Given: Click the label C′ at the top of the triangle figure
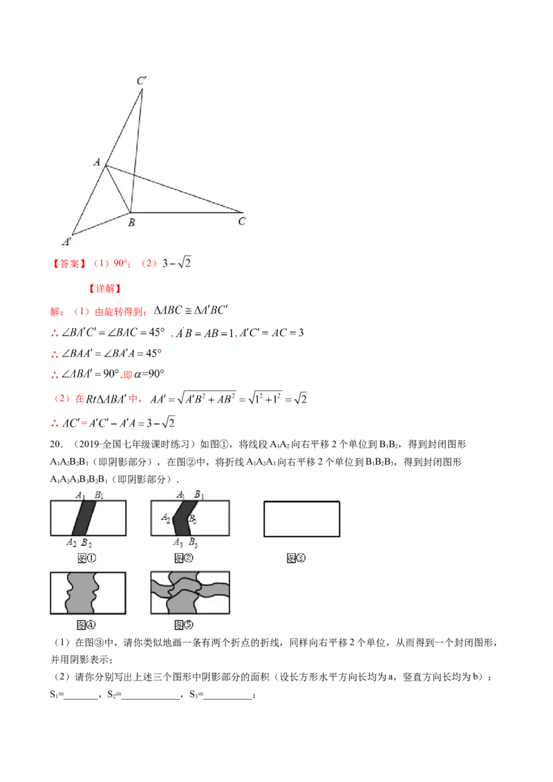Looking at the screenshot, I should pos(141,82).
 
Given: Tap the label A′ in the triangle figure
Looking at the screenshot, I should pos(68,242).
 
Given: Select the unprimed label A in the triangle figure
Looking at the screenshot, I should pos(97,162).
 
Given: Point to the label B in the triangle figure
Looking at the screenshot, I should pos(131,222).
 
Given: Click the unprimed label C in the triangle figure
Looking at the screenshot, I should pos(242,222).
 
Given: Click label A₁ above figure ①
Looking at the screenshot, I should pos(80,495).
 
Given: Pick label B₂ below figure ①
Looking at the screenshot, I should pos(86,542).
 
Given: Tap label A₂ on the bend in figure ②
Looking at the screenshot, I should pos(165,517).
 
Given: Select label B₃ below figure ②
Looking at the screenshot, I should pos(193,542).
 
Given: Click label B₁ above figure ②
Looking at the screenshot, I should pos(198,495).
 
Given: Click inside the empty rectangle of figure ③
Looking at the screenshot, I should pos(301,518).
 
